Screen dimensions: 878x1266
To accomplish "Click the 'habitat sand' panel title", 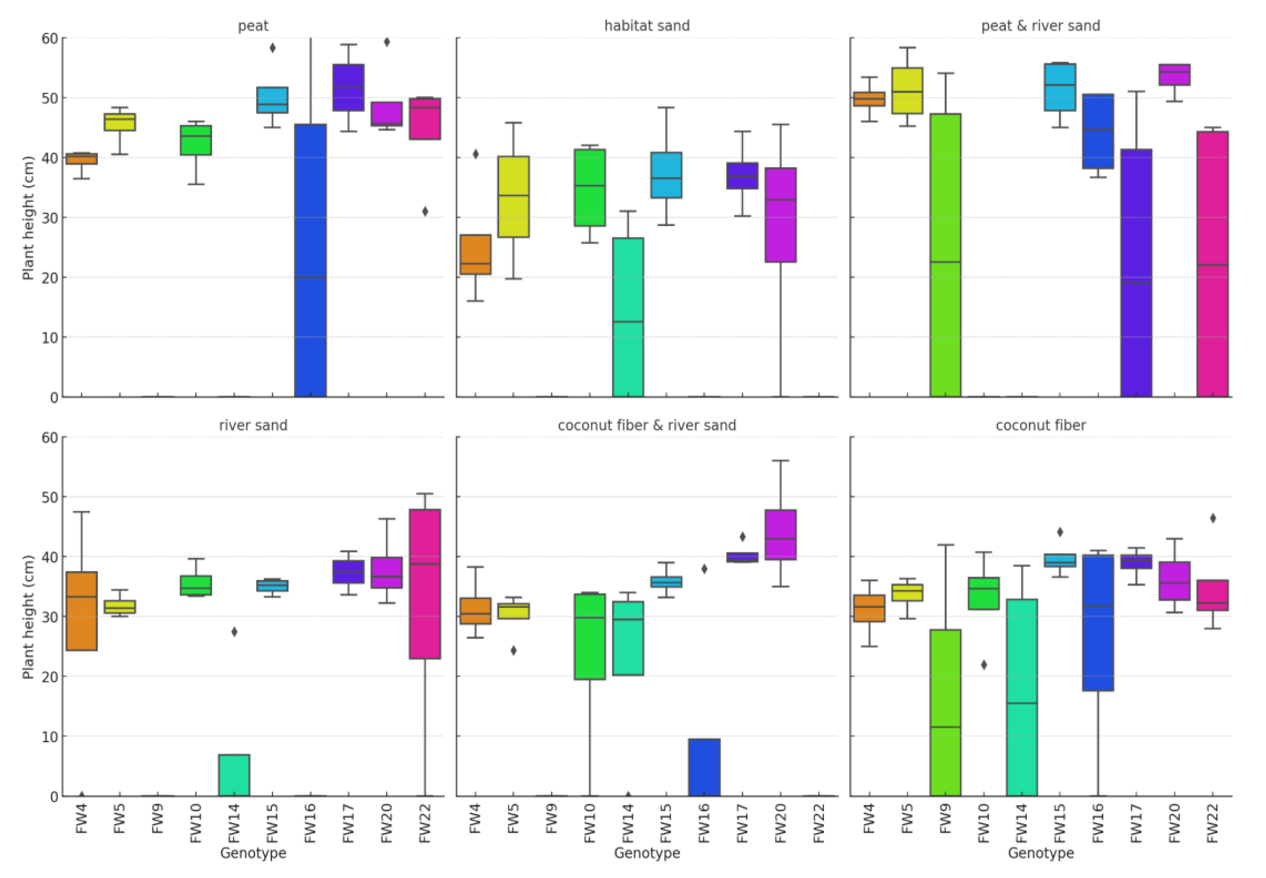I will [646, 26].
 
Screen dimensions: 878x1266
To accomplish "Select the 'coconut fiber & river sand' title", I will [646, 425].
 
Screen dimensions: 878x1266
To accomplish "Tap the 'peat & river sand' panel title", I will [1040, 26].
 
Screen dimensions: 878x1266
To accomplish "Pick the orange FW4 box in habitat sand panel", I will [475, 254].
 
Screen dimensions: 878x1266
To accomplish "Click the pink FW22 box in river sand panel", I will [425, 584].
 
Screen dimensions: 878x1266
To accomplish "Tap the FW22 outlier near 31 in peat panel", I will [425, 211].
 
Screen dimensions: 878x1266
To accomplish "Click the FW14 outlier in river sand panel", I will [234, 632].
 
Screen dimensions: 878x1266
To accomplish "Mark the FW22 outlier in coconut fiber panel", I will [1213, 518].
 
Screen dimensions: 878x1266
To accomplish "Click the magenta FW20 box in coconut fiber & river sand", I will [780, 535].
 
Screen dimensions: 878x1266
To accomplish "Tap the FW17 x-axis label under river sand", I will [349, 823].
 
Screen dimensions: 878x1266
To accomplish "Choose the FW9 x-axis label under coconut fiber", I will [945, 823].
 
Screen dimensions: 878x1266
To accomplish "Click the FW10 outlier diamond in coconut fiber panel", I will [984, 665].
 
